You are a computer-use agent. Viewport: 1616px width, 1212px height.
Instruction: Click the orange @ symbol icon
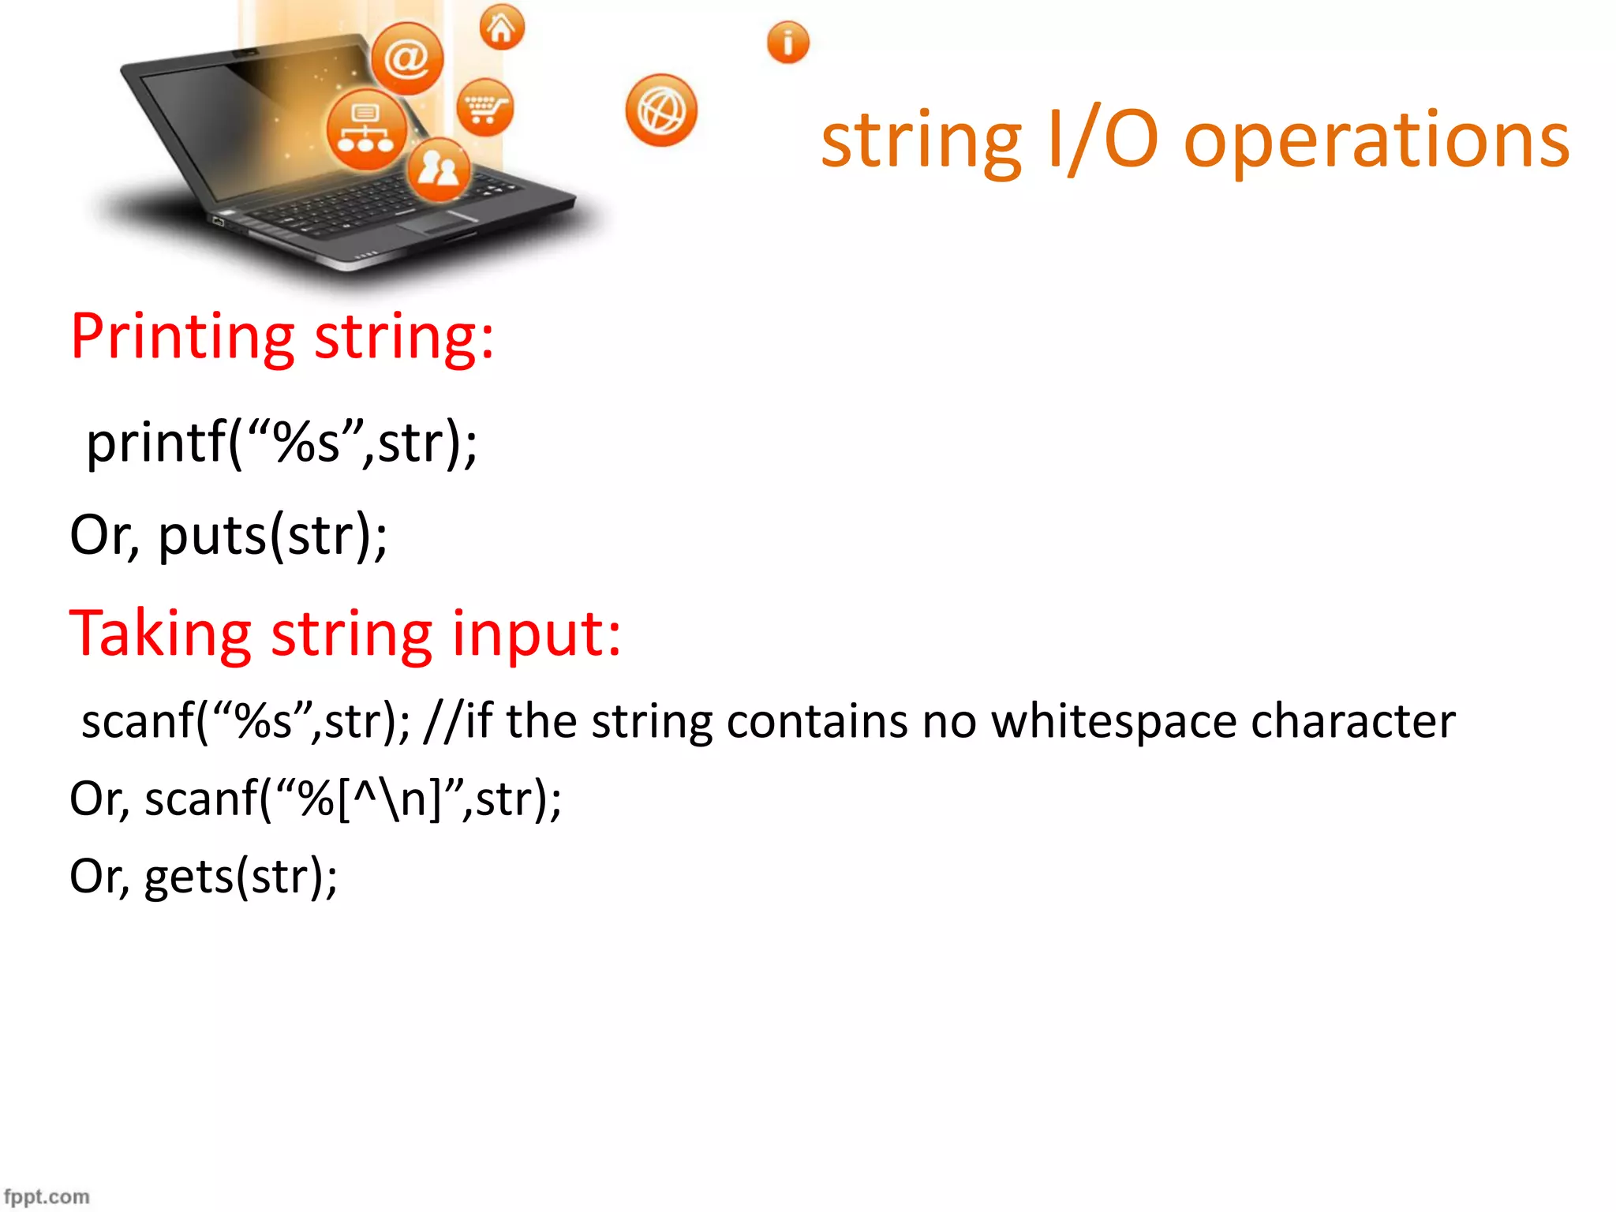tap(407, 58)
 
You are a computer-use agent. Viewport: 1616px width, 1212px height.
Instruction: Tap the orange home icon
tap(502, 28)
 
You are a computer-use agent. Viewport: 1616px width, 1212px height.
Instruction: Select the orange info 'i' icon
tap(787, 43)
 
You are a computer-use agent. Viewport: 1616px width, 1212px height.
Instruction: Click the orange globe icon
tap(661, 110)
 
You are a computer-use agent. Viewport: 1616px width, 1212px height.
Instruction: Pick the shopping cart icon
tap(484, 107)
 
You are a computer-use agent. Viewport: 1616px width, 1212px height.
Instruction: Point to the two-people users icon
tap(439, 168)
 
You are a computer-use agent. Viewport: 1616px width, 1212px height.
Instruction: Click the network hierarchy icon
tap(366, 129)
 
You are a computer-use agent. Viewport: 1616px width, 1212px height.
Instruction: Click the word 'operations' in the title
tap(1376, 141)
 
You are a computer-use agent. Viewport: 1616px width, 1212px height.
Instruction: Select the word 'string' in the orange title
tap(921, 141)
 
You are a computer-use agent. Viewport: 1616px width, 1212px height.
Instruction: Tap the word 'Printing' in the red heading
tap(182, 338)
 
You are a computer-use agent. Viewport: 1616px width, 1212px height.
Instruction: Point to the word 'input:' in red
tap(537, 634)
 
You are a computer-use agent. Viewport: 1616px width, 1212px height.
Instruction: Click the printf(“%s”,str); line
tap(282, 443)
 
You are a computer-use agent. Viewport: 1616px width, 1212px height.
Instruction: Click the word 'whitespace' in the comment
tap(1113, 722)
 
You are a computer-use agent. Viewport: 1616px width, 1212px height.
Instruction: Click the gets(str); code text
tap(241, 877)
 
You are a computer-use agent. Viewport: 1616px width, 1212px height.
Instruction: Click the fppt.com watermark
tap(47, 1196)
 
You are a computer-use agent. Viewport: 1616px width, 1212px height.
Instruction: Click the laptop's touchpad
tap(438, 223)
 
